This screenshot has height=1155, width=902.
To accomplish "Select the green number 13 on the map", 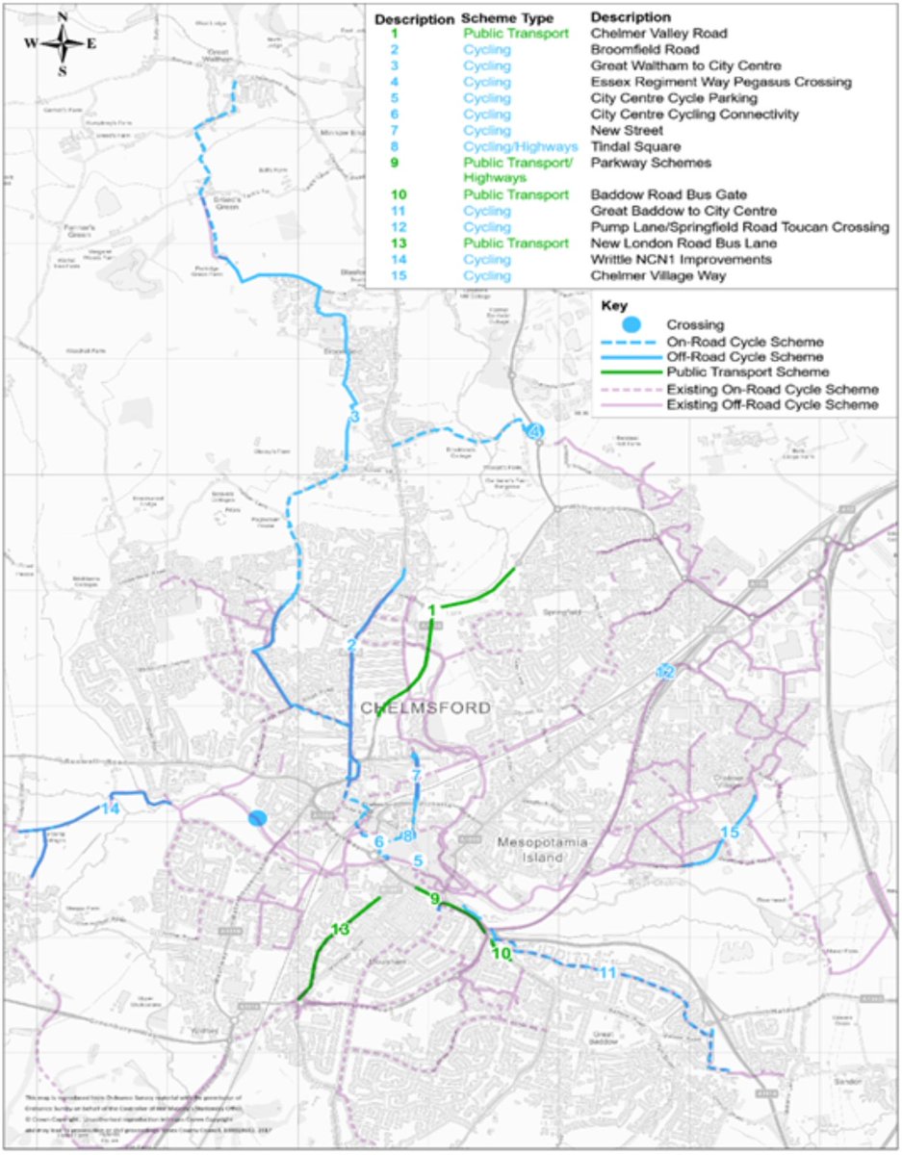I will (x=340, y=930).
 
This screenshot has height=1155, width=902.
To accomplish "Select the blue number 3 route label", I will (x=354, y=417).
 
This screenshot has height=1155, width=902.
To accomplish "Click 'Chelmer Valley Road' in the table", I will (x=658, y=34).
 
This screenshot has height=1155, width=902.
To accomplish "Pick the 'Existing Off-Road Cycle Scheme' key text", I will (x=772, y=406).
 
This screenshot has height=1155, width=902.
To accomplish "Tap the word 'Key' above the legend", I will (x=614, y=306).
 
